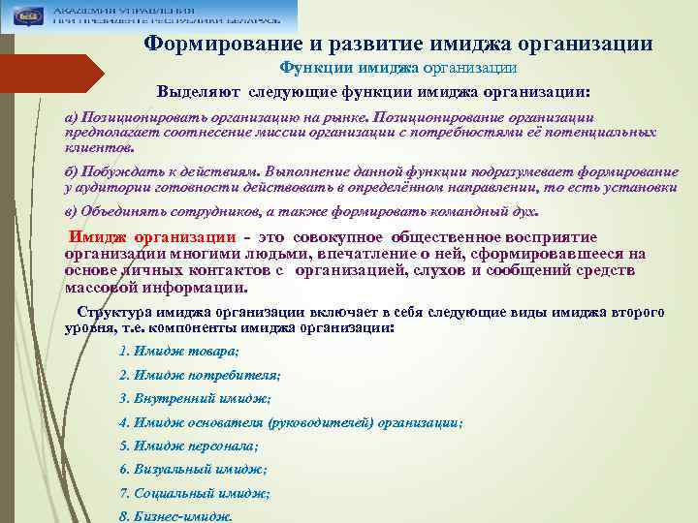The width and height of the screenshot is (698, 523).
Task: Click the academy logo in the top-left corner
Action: [25, 15]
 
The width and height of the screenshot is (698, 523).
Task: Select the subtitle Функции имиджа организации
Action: [397, 68]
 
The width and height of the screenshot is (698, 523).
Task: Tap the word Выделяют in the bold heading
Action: [201, 93]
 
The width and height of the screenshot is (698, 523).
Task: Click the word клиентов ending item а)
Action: [99, 149]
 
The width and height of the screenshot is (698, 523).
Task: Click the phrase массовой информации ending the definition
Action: [155, 288]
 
